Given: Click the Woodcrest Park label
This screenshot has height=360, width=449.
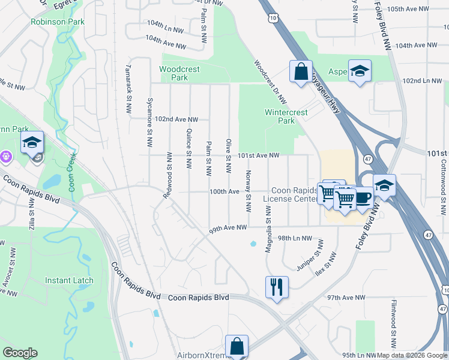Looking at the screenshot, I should [x=179, y=73].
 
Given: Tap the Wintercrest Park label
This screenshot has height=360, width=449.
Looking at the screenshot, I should [x=286, y=116].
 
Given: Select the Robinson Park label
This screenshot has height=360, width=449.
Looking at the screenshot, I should [x=57, y=22].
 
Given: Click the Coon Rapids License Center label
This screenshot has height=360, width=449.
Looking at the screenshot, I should [x=291, y=194].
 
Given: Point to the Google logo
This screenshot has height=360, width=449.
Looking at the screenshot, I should [x=20, y=353].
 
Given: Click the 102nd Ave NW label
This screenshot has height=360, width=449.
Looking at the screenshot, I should [x=176, y=119].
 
